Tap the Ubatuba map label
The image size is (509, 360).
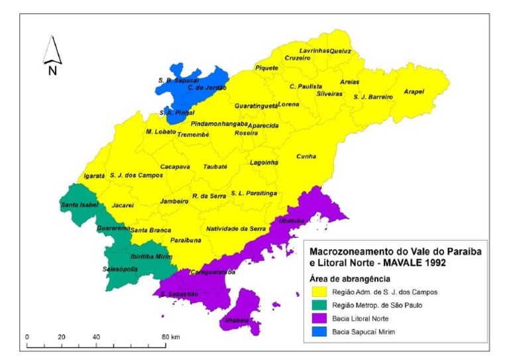click(291, 220)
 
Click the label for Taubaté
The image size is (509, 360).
click(215, 166)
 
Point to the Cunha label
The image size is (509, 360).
click(306, 156)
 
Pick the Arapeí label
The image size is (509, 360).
click(414, 91)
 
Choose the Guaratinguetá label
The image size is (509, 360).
click(256, 105)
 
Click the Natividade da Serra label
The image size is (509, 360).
click(236, 228)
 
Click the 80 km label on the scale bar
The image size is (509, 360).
click(171, 337)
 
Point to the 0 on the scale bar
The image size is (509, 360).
click(27, 337)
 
